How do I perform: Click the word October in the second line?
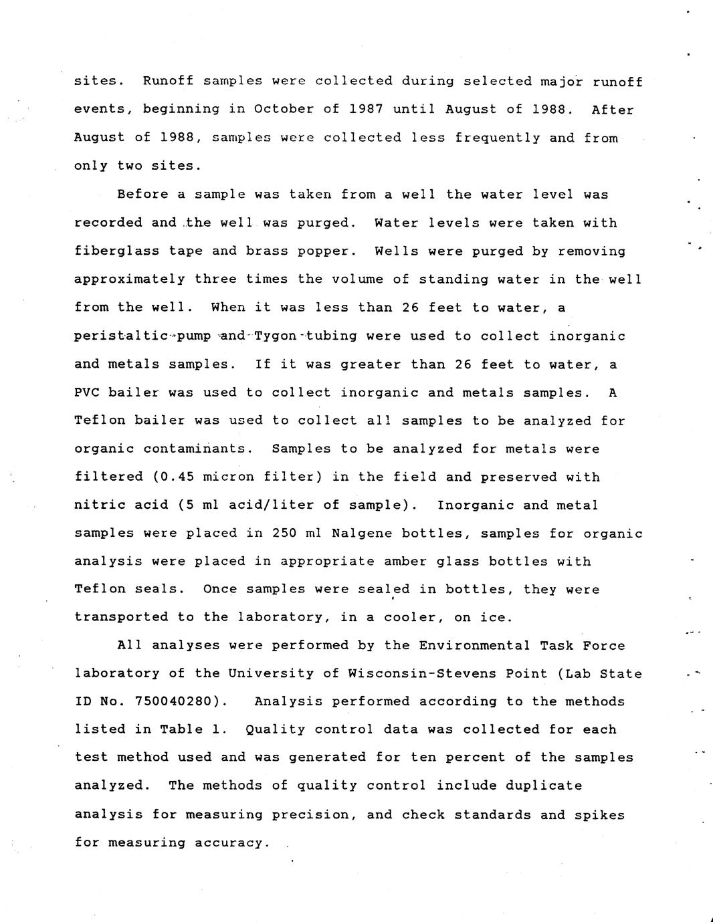284,109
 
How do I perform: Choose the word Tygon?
276,336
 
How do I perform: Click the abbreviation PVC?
87,392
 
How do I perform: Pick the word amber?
405,561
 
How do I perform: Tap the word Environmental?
474,645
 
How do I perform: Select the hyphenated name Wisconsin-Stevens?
447,673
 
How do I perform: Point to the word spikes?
599,814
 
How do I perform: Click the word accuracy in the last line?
229,842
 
